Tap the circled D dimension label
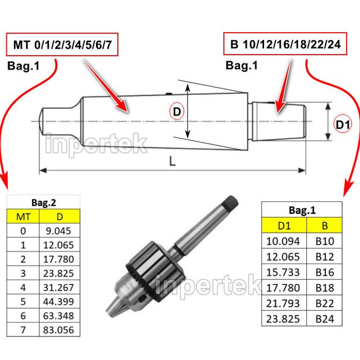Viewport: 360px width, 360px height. point(177,111)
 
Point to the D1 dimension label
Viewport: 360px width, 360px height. point(343,125)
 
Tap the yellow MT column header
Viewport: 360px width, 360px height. point(22,217)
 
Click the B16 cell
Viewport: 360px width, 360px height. point(325,272)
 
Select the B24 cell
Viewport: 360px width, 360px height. point(325,319)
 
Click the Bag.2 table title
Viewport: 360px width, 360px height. point(43,203)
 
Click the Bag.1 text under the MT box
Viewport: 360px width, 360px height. point(23,66)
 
